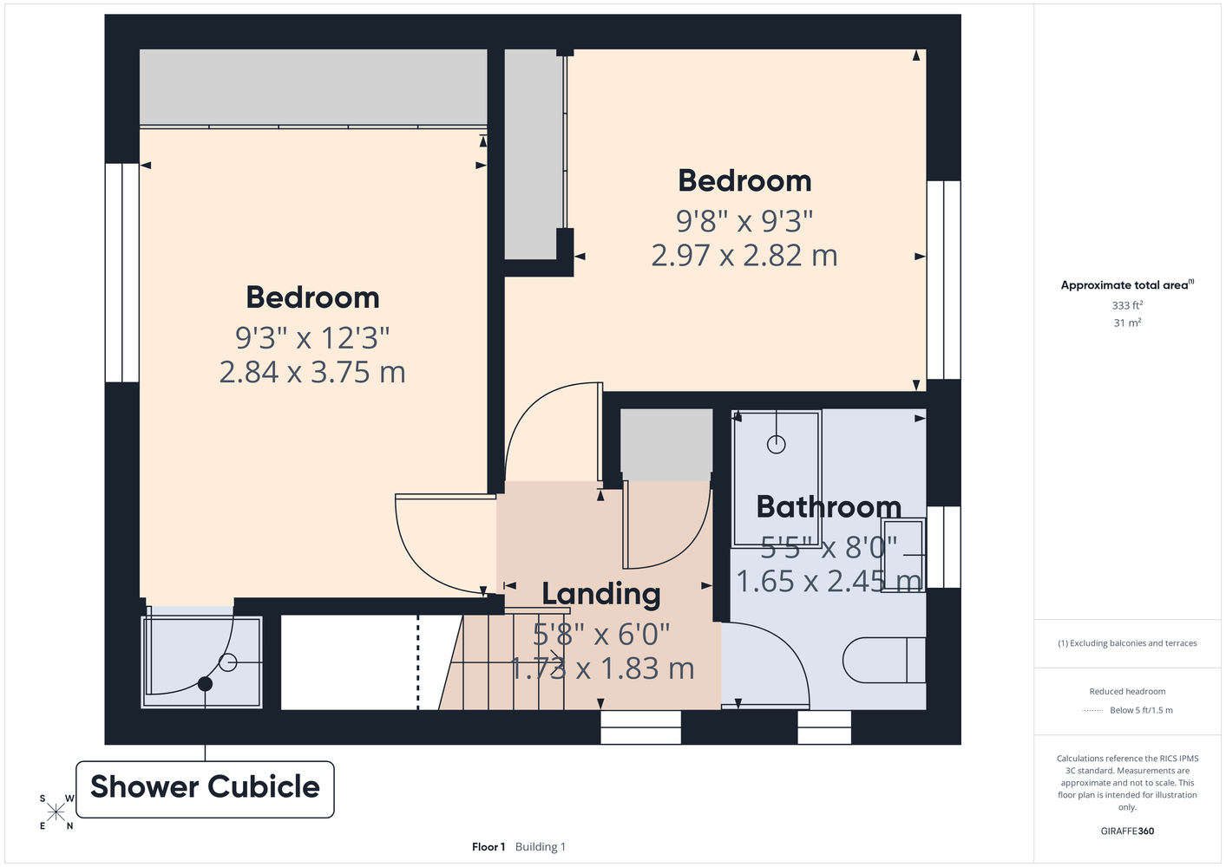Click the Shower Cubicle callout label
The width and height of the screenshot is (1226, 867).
click(205, 789)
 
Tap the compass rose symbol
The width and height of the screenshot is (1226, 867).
click(56, 812)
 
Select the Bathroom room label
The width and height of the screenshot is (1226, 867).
click(829, 506)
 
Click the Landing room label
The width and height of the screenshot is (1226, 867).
click(601, 594)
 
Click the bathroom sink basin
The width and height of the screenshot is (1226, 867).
click(903, 555)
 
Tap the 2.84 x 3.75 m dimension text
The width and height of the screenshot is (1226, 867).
click(312, 372)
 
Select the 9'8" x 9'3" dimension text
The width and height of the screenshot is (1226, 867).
click(744, 221)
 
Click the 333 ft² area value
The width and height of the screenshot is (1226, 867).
click(1127, 305)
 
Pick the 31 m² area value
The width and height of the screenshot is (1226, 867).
click(1127, 323)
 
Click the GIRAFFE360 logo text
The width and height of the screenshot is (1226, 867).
click(1127, 831)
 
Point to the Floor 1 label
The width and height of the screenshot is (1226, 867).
click(488, 847)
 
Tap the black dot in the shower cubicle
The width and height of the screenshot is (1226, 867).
click(206, 684)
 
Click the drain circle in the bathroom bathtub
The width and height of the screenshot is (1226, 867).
click(776, 444)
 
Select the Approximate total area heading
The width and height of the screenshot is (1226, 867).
click(1127, 284)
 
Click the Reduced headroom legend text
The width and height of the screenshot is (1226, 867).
click(1127, 691)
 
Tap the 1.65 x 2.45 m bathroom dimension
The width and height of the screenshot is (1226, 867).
click(829, 581)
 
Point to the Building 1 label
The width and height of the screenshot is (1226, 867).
click(541, 847)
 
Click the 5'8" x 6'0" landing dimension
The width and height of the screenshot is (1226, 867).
click(601, 635)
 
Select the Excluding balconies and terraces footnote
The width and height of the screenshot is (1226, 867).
click(1127, 643)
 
